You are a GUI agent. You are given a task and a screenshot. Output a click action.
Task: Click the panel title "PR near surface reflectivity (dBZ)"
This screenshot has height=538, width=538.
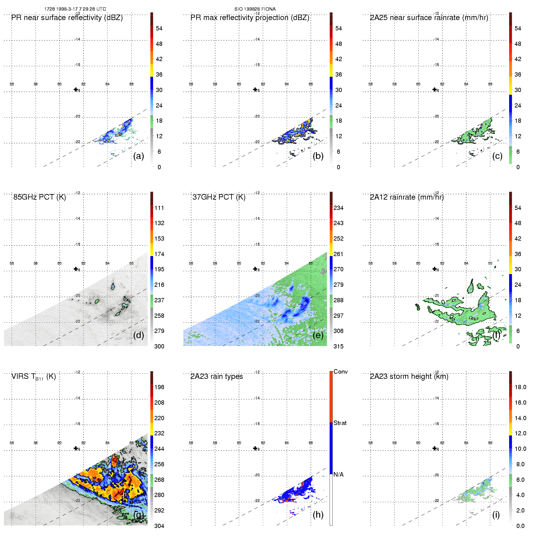67,18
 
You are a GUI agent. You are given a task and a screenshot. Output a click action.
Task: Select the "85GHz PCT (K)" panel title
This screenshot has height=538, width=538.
39,197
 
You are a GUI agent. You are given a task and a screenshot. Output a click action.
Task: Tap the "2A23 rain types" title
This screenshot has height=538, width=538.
217,376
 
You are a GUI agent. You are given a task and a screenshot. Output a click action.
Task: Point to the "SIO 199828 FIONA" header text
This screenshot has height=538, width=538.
255,9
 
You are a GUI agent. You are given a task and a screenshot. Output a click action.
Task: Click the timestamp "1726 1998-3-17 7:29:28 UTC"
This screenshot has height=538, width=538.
75,9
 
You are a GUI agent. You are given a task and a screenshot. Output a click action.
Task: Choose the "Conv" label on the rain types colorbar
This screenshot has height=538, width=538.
341,372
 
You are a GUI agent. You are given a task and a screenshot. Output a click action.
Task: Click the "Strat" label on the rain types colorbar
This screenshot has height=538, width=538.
340,423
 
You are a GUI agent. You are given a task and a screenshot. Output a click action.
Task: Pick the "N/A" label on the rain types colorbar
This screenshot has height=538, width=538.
338,475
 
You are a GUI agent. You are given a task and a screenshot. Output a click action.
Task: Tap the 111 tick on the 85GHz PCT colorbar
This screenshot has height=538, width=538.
159,208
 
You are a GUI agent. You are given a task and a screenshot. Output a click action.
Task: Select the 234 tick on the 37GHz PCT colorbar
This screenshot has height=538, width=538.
338,208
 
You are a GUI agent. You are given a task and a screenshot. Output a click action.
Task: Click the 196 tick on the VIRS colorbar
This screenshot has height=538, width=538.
159,387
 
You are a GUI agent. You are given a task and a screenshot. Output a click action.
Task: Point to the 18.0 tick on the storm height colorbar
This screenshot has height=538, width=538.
520,387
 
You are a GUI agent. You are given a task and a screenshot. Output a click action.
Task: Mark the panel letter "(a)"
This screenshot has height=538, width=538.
139,156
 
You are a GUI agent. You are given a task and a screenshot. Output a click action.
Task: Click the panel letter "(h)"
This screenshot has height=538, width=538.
318,515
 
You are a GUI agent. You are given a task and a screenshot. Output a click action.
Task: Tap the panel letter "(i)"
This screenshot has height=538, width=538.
496,515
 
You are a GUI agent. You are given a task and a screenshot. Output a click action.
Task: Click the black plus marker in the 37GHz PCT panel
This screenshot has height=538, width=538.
255,269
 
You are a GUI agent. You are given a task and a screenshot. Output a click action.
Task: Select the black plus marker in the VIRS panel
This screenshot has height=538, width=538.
76,448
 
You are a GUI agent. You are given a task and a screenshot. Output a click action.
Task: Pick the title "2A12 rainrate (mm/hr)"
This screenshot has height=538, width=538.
407,197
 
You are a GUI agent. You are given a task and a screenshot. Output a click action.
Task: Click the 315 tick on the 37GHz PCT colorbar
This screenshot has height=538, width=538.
338,346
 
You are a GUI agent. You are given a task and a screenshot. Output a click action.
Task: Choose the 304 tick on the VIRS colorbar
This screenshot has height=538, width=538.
159,526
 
